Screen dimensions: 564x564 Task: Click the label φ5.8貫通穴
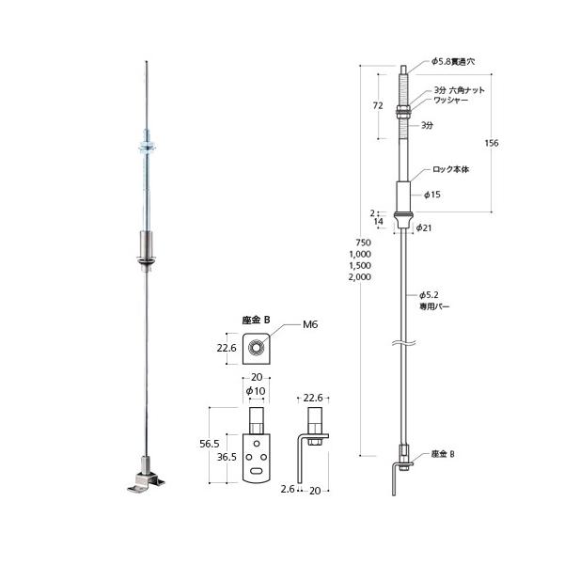point(453,61)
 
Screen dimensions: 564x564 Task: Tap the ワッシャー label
point(449,100)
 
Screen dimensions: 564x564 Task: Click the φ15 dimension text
point(432,195)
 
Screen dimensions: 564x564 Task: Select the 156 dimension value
point(491,143)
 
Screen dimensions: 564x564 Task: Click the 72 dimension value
point(377,105)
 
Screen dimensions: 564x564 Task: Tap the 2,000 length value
point(359,277)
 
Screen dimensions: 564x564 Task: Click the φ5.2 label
point(429,294)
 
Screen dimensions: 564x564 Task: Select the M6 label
point(310,324)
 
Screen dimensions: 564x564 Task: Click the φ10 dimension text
point(255,391)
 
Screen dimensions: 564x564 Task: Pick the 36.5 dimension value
point(225,457)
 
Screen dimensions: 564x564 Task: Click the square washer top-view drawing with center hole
point(256,350)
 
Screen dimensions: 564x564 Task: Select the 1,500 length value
point(359,266)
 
